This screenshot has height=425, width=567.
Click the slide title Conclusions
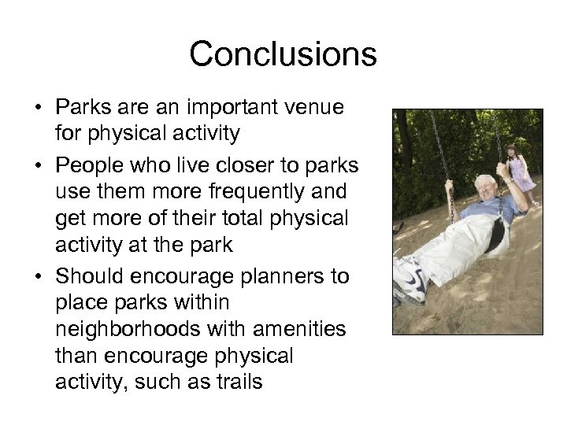coord(283,54)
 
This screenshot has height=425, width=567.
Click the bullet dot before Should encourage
coord(39,276)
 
